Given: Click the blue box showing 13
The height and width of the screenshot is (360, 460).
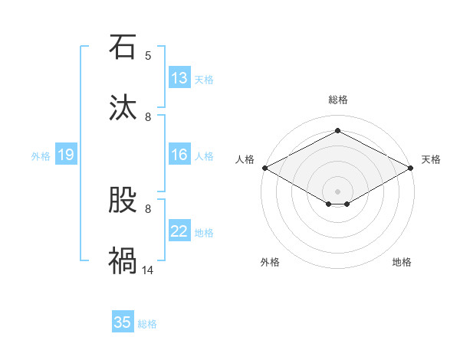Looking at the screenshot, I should click(x=179, y=78).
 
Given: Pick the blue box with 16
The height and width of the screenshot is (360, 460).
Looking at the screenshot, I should click(x=179, y=155).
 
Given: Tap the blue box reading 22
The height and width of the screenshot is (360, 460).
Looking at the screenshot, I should click(x=179, y=231).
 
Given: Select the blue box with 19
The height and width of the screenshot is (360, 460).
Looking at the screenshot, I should click(x=66, y=155).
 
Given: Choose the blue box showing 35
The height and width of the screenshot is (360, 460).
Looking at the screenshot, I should click(x=123, y=322).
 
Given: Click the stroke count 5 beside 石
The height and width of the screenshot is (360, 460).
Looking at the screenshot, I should click(x=148, y=56).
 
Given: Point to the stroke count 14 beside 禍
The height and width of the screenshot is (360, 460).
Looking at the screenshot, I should click(x=148, y=270).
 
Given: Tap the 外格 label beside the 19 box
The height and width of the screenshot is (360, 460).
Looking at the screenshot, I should click(x=41, y=155).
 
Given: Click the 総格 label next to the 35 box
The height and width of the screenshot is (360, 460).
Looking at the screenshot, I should click(x=147, y=324).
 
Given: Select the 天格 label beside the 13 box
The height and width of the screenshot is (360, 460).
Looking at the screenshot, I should click(x=203, y=79).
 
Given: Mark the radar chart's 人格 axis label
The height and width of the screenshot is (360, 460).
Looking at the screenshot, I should click(x=245, y=159).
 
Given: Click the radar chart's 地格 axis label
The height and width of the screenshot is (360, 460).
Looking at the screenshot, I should click(x=402, y=262).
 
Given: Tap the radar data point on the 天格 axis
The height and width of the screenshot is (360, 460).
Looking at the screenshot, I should click(x=412, y=168).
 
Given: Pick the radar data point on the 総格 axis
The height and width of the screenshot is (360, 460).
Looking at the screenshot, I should click(x=337, y=131).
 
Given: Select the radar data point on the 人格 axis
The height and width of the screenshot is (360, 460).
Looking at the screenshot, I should click(x=264, y=168).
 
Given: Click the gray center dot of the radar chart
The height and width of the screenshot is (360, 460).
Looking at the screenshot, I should click(x=337, y=191).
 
